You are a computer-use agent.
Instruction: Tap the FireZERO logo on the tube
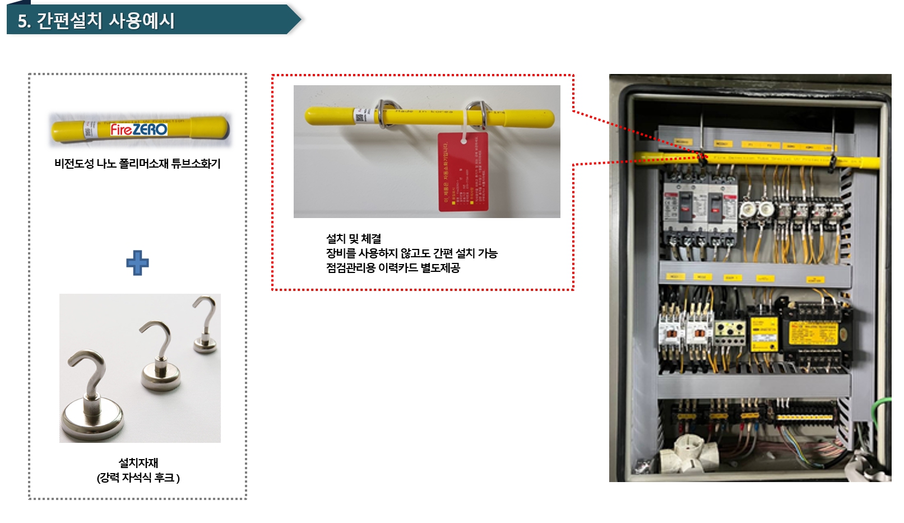pyautogui.click(x=138, y=129)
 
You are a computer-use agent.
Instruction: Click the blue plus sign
pyautogui.click(x=137, y=263)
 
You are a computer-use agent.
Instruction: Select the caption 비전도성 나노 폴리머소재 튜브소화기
pyautogui.click(x=137, y=164)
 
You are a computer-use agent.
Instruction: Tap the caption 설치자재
pyautogui.click(x=138, y=463)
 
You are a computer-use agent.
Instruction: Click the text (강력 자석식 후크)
pyautogui.click(x=138, y=478)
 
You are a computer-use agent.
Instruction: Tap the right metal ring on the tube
pyautogui.click(x=476, y=113)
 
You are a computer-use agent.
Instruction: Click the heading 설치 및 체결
pyautogui.click(x=354, y=239)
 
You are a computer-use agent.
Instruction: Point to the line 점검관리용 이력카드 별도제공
pyautogui.click(x=393, y=268)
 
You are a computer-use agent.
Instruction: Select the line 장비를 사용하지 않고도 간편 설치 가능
pyautogui.click(x=412, y=253)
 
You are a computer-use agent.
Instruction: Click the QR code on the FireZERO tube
pyautogui.click(x=88, y=130)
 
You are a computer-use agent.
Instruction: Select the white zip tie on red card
pyautogui.click(x=464, y=138)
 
